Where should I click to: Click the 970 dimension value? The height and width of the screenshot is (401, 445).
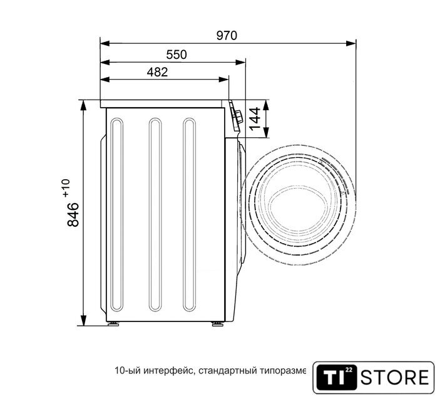point(227,36)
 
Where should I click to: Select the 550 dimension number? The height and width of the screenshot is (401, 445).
point(176,55)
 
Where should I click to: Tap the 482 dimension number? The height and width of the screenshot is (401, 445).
point(157,73)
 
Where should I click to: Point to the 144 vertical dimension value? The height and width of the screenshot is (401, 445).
point(255,118)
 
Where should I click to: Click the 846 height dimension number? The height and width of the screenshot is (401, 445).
point(73,214)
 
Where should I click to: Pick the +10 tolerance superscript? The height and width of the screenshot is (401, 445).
point(66,188)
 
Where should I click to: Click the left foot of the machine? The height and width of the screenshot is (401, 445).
point(113,324)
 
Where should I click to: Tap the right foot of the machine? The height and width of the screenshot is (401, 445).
point(218,324)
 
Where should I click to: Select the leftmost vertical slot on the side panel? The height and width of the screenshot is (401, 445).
point(116,214)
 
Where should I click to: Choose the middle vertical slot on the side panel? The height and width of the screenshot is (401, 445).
point(155,214)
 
